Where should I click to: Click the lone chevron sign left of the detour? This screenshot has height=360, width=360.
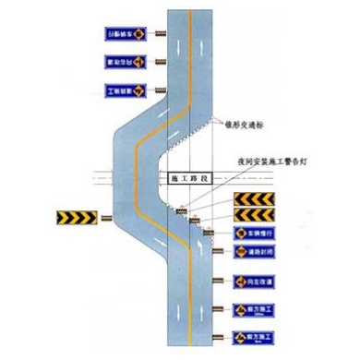75,219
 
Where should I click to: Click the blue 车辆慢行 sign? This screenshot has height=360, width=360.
253,233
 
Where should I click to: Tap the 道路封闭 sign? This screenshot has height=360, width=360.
253,251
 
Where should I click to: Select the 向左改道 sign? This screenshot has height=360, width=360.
253,280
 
